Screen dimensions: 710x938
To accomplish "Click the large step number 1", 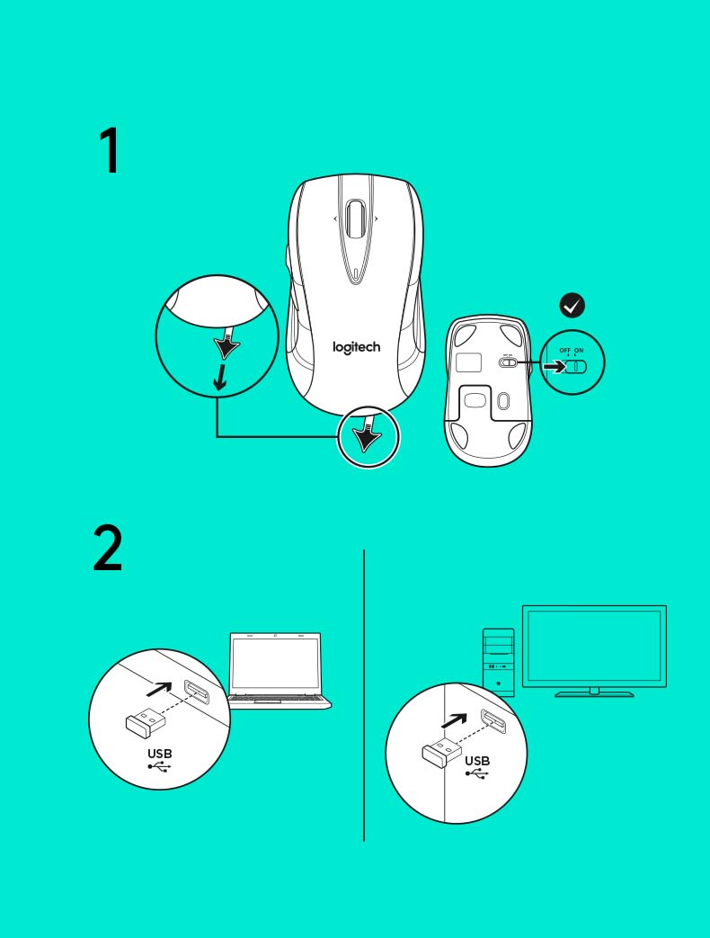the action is (x=111, y=150).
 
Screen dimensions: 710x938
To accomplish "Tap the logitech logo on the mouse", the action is (x=356, y=347).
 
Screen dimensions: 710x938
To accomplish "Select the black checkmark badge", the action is (x=572, y=305).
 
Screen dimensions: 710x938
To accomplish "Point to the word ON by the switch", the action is (x=579, y=351).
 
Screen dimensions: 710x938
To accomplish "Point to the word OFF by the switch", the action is (x=564, y=351).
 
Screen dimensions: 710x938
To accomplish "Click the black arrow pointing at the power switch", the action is (x=555, y=366).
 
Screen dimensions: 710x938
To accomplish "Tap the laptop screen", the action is (x=276, y=663).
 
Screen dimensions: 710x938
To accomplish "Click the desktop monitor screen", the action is (x=594, y=645).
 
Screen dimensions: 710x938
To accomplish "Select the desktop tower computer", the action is (x=499, y=662).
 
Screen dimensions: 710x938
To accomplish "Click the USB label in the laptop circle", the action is (x=160, y=754).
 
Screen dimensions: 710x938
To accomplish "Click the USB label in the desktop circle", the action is (x=477, y=761).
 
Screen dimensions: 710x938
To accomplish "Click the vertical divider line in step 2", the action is (x=363, y=696).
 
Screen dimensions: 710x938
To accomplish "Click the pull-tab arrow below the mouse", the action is (x=367, y=435).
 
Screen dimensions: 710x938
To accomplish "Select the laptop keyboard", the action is (x=278, y=698).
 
